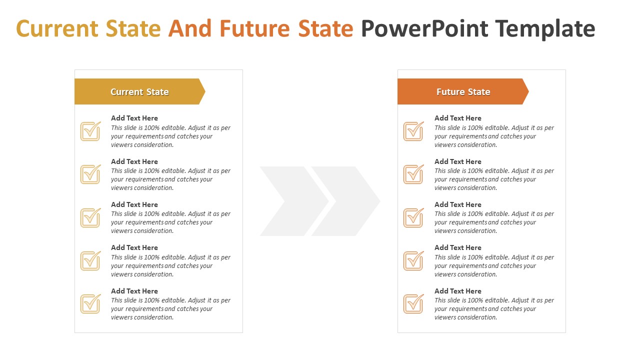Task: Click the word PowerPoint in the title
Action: (x=424, y=28)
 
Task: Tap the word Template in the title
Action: (x=545, y=29)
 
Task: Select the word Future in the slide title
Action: (x=255, y=28)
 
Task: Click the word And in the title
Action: (x=189, y=28)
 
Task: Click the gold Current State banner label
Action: (x=139, y=91)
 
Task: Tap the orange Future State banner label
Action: (x=463, y=91)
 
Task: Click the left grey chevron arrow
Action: (x=294, y=201)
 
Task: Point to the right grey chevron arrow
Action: (x=345, y=201)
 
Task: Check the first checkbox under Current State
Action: (x=90, y=131)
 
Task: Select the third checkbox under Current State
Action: (x=90, y=217)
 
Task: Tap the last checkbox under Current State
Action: (x=90, y=303)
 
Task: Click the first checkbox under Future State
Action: (x=413, y=131)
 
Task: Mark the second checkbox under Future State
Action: (x=413, y=174)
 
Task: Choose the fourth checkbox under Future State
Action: (x=413, y=260)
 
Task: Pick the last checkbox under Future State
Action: (x=413, y=303)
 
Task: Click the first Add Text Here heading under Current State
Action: (x=134, y=118)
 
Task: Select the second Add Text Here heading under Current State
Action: (x=134, y=161)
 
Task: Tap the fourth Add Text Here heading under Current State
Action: (x=134, y=247)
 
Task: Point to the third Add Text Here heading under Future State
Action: (x=457, y=204)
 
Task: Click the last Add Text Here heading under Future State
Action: (x=457, y=291)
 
